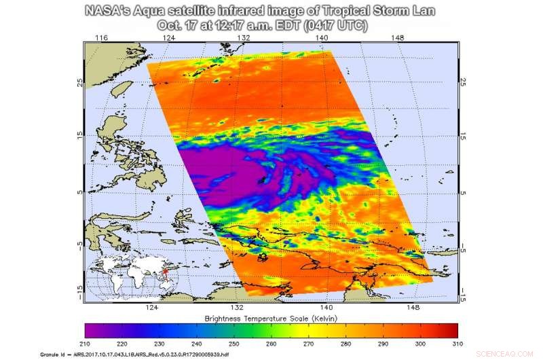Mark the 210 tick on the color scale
(85, 344)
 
